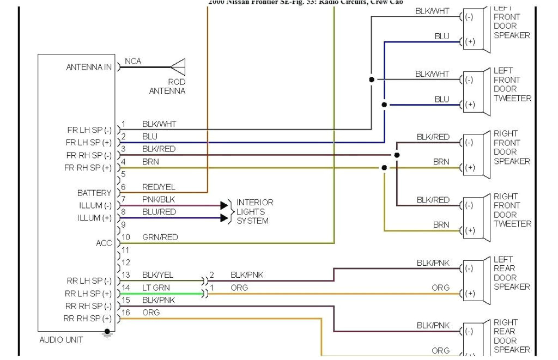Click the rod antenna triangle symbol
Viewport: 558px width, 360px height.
(178, 68)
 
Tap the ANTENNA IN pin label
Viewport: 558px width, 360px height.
(89, 68)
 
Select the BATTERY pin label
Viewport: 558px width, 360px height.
(94, 193)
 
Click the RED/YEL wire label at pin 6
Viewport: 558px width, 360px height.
(159, 187)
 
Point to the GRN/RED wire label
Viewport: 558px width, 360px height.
(160, 237)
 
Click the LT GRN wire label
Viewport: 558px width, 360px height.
(156, 288)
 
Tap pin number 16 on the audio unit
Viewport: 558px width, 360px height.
(125, 313)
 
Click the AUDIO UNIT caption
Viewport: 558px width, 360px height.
(61, 340)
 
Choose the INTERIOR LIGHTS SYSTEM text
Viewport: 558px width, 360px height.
(254, 212)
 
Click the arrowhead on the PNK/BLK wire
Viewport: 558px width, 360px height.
(224, 205)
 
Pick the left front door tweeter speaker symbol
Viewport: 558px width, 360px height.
(476, 92)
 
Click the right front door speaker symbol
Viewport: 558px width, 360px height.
(476, 155)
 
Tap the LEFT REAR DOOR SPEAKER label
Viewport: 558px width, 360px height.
(511, 273)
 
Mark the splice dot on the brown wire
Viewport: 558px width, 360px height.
(384, 168)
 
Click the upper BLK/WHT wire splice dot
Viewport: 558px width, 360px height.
(372, 80)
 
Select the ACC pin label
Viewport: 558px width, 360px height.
(104, 243)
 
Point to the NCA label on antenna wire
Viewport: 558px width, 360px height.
(133, 61)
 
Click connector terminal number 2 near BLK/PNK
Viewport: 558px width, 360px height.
(212, 275)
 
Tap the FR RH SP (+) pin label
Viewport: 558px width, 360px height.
(88, 168)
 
